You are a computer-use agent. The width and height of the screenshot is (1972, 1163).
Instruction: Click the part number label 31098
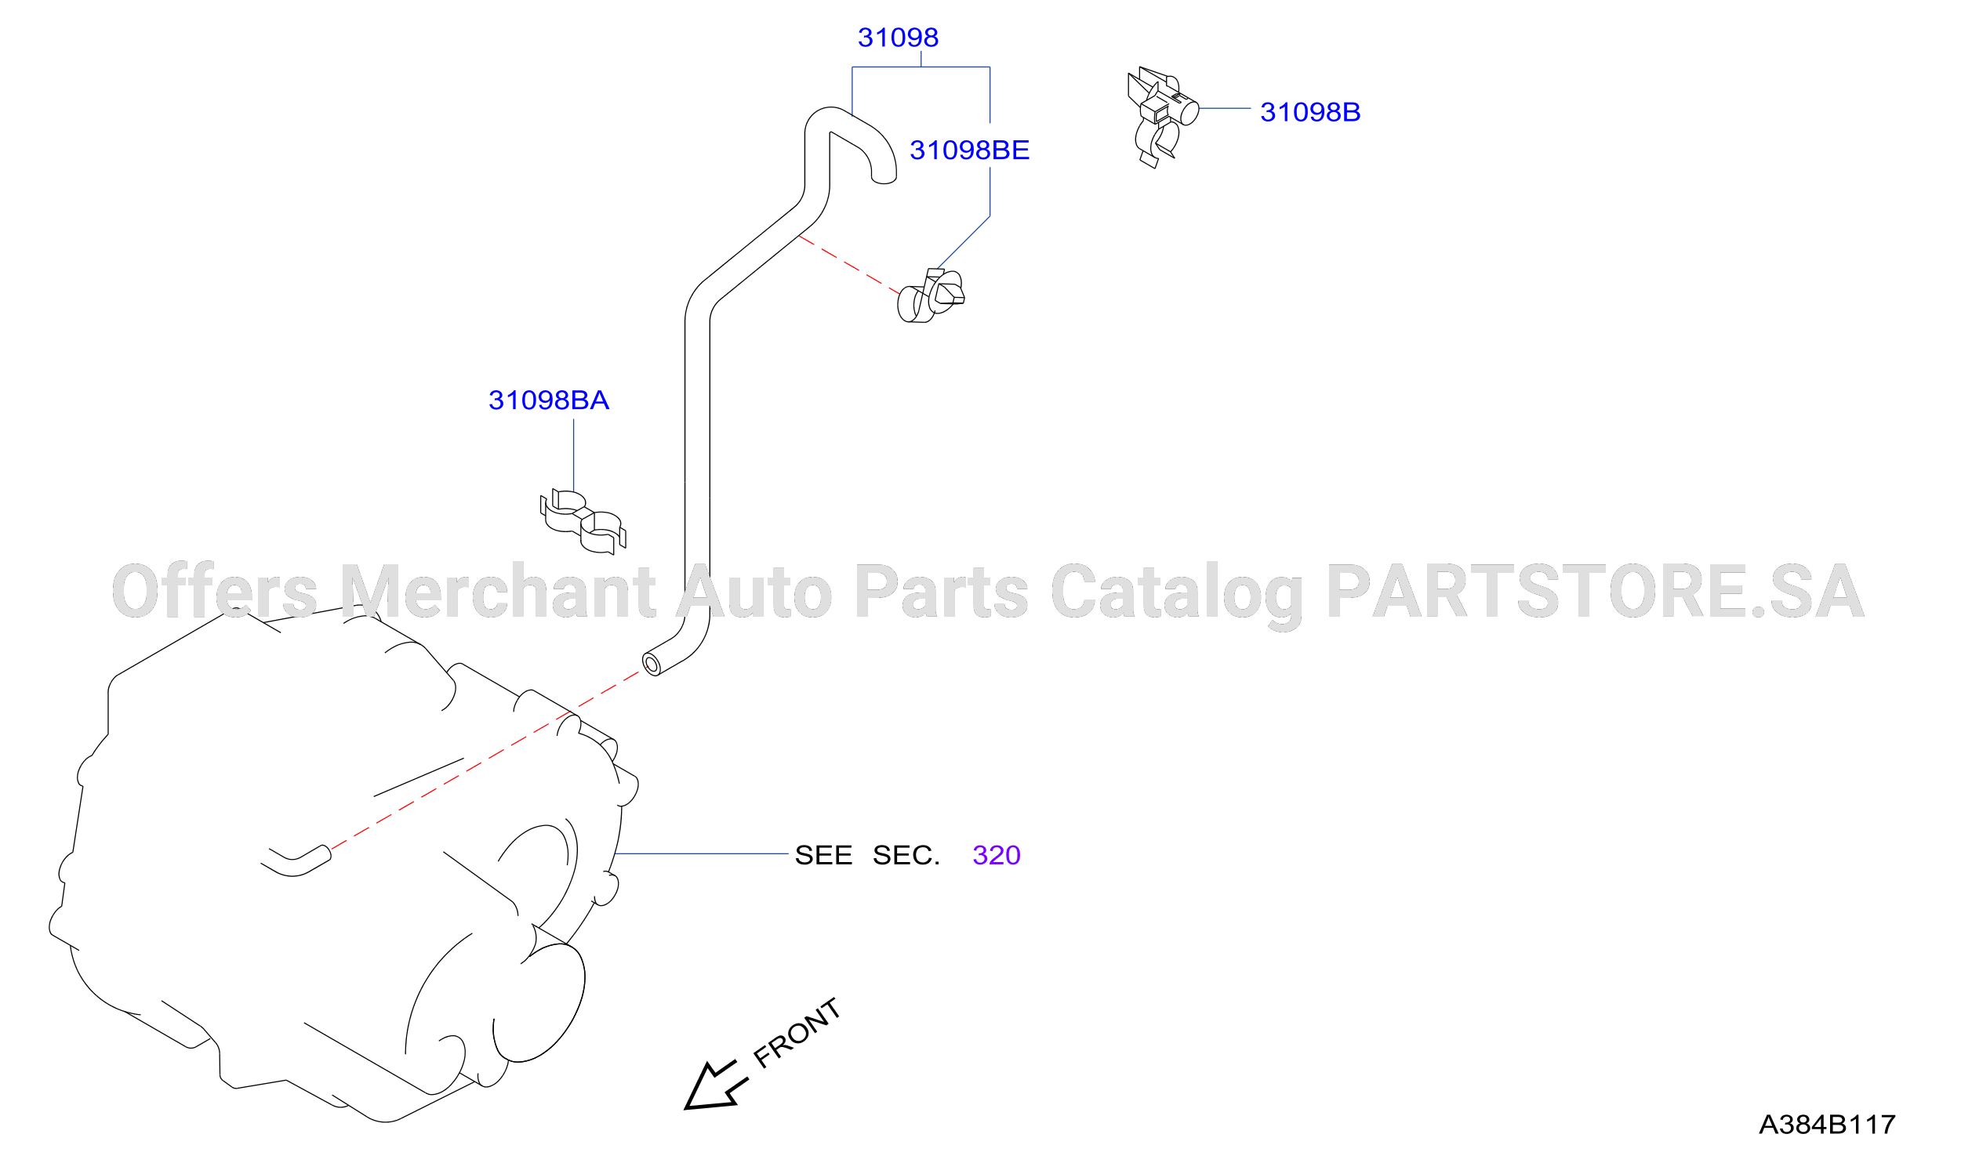(898, 38)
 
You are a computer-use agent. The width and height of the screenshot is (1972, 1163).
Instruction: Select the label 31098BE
(969, 150)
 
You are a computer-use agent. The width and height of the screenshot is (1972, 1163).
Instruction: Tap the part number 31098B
(1310, 112)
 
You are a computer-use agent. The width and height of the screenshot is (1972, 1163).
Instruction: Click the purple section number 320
(997, 855)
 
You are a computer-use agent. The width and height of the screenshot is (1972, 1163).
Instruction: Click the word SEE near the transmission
(823, 855)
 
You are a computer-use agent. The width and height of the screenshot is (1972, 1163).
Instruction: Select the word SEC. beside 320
(906, 855)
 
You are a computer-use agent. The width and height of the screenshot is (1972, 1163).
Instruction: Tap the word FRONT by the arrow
(797, 1034)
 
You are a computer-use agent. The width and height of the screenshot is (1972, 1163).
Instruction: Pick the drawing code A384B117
(1827, 1125)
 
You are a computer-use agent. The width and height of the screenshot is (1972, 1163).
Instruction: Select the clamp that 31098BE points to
(931, 296)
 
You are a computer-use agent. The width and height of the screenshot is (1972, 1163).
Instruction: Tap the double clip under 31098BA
(583, 522)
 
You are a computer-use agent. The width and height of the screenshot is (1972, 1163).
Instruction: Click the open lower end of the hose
(651, 665)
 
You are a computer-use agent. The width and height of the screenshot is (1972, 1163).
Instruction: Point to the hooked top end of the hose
(884, 177)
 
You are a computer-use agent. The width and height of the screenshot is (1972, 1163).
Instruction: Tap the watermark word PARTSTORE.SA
(1596, 592)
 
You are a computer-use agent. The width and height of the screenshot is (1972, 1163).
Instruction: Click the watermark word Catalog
(1176, 596)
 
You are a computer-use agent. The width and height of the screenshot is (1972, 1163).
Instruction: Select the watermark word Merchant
(498, 592)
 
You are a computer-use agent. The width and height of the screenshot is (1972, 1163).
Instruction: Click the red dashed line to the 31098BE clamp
(849, 266)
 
